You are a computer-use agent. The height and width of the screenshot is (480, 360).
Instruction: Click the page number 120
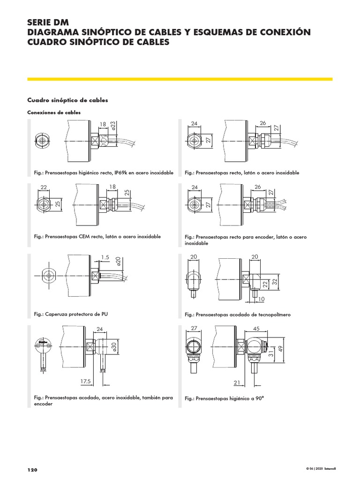point(32,470)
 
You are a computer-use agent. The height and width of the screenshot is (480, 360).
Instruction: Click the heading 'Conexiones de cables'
point(54,112)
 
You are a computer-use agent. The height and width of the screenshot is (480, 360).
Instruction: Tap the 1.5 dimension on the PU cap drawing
point(105,257)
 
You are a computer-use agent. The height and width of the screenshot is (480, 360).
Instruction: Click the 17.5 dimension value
point(86,381)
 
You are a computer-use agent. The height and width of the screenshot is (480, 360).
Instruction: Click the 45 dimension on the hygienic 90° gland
point(256,329)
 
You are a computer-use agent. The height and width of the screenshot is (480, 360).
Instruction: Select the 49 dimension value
point(280,349)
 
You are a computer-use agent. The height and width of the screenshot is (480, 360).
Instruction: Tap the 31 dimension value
point(271,353)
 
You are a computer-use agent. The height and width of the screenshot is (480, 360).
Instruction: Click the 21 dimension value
point(237,382)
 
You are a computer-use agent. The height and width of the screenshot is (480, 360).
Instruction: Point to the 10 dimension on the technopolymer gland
point(261,299)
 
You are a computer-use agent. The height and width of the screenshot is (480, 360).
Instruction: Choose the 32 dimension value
point(275,282)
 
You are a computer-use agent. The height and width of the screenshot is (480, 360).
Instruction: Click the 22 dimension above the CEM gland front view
point(44,187)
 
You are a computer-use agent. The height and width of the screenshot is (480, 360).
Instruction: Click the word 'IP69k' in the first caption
point(121,172)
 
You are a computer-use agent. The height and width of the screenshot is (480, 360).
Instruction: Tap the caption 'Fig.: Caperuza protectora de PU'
point(71,314)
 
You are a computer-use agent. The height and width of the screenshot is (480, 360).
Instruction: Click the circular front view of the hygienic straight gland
point(42,141)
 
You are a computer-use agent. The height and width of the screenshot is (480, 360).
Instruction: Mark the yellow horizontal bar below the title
point(180,79)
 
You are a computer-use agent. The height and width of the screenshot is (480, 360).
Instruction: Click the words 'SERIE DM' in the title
point(48,22)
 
